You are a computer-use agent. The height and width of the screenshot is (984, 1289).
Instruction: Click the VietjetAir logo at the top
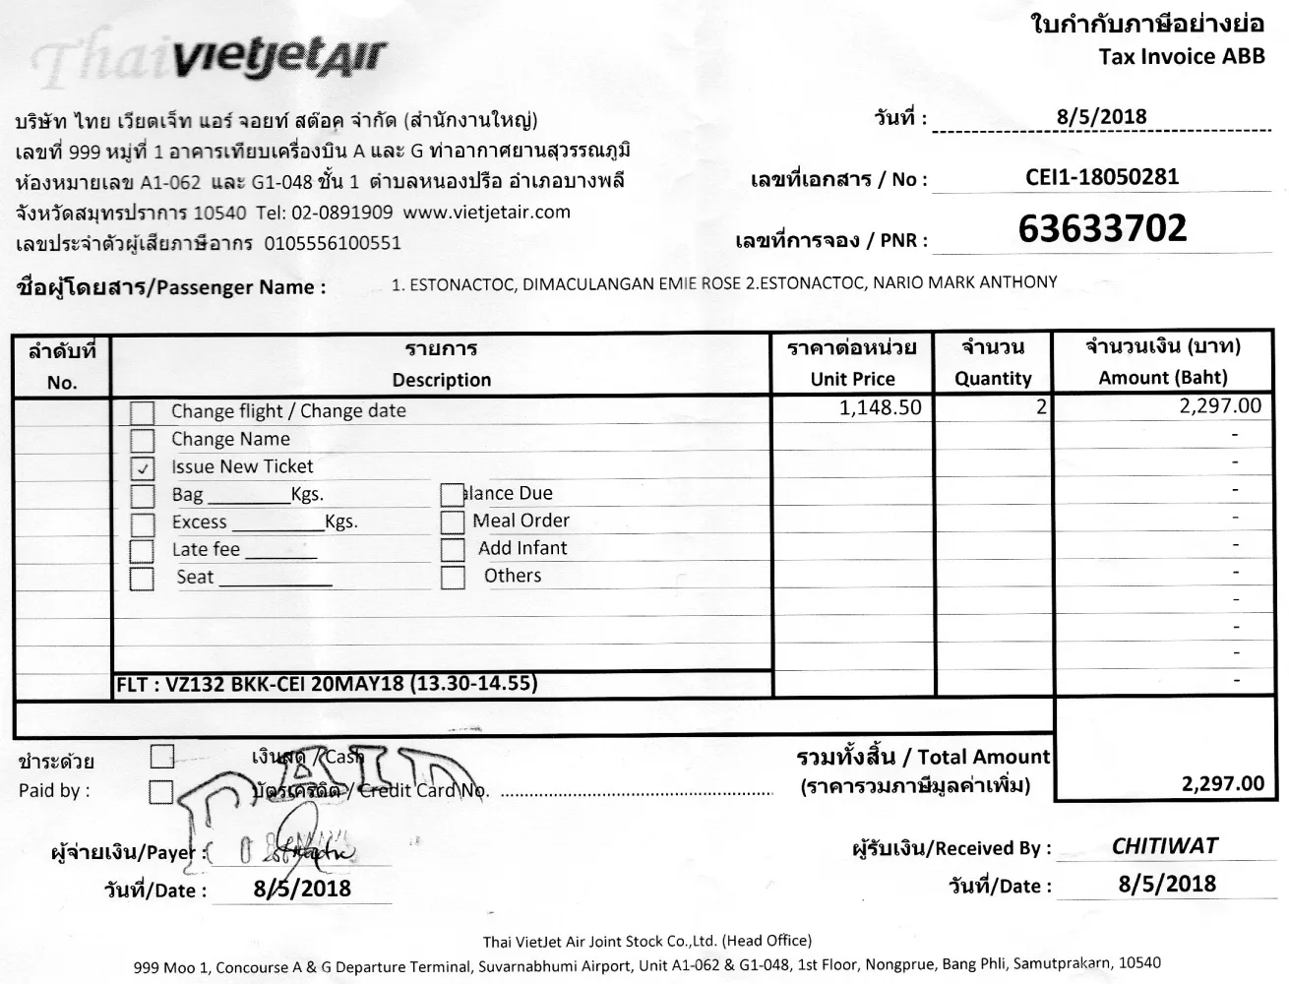pos(278,59)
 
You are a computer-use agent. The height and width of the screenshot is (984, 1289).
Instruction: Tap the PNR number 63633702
pos(1102,229)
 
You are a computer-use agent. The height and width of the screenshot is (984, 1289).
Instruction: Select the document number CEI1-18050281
pos(1101,177)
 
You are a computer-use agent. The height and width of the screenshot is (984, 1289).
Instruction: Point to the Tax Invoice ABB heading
pos(1182,56)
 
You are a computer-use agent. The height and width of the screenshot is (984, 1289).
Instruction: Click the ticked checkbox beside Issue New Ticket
pos(143,468)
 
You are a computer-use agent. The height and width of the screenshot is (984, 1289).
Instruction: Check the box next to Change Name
pos(143,440)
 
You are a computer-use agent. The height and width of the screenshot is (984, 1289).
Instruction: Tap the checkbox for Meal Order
pos(453,522)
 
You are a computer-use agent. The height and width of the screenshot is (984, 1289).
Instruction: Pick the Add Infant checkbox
pos(453,549)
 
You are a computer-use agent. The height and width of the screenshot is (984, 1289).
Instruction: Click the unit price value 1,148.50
pos(880,407)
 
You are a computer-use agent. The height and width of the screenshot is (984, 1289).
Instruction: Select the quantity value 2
pos(1041,406)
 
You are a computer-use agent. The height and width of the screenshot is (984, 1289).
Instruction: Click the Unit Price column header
pos(852,379)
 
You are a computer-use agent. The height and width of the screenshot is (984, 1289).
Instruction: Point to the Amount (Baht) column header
pos(1162,378)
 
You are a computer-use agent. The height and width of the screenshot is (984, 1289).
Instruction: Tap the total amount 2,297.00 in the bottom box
pos(1222,783)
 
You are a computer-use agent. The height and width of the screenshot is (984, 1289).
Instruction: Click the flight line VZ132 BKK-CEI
pos(327,684)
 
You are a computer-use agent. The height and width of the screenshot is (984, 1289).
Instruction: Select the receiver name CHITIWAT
pos(1164,846)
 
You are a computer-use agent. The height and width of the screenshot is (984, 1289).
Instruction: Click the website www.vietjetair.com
pos(486,212)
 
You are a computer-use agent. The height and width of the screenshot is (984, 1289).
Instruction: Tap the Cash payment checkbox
pos(162,757)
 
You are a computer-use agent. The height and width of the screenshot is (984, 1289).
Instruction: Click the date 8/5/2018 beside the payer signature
pos(302,889)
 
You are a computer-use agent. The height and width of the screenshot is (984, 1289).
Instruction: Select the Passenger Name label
pos(171,287)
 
